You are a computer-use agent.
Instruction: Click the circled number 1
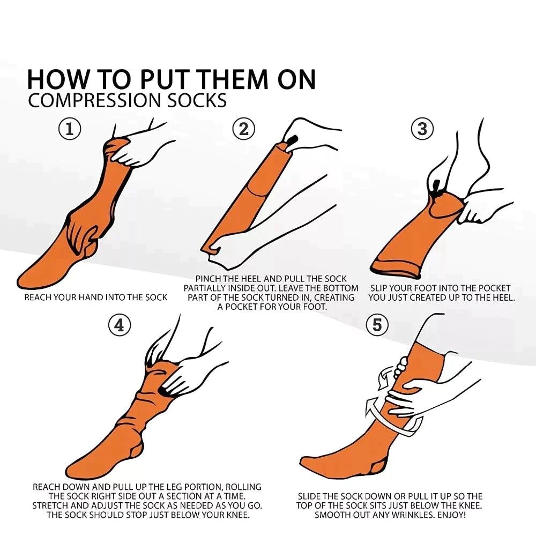point(70,129)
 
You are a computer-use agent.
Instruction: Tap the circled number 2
point(244,129)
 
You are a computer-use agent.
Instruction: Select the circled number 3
point(422,129)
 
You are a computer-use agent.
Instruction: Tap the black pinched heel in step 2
point(292,139)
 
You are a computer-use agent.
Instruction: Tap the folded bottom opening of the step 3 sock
point(396,265)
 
